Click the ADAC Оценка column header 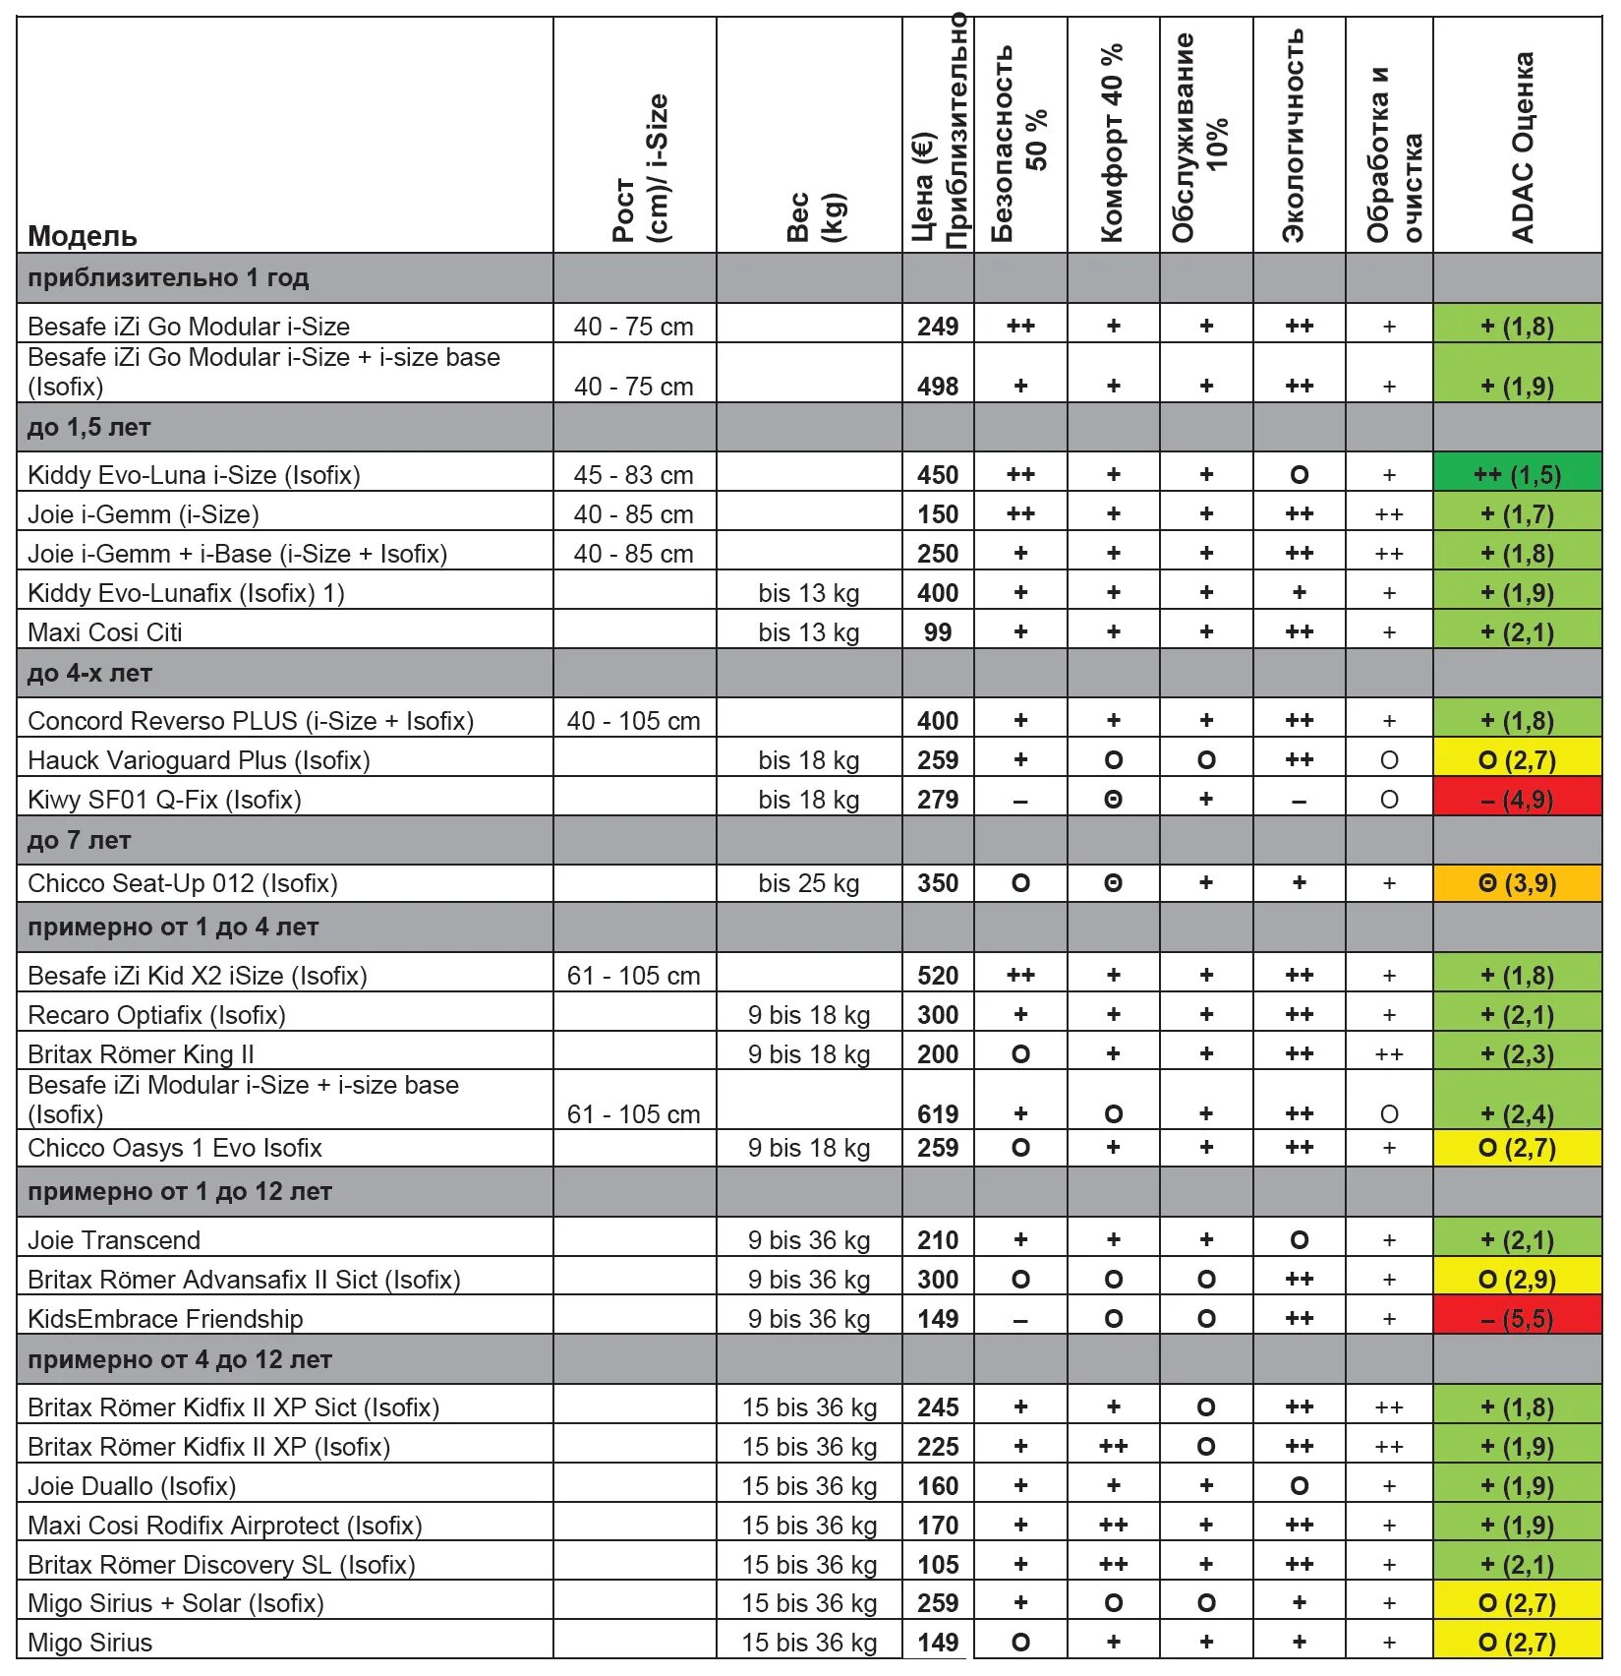tap(1522, 148)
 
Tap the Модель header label tap(83, 236)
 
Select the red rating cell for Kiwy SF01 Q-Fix tap(1517, 800)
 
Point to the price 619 tap(937, 1113)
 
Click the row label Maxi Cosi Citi tap(105, 632)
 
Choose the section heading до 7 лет tap(80, 841)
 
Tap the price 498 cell tap(937, 387)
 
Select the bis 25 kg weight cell tap(808, 883)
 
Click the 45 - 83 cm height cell tap(633, 475)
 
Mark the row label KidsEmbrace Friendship tap(165, 1319)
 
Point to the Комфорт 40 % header tap(1112, 143)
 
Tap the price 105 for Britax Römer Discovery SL tap(937, 1565)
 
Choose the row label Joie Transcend tap(114, 1240)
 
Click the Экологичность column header tap(1295, 136)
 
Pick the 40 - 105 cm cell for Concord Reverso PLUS tap(633, 721)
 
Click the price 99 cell tap(937, 632)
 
